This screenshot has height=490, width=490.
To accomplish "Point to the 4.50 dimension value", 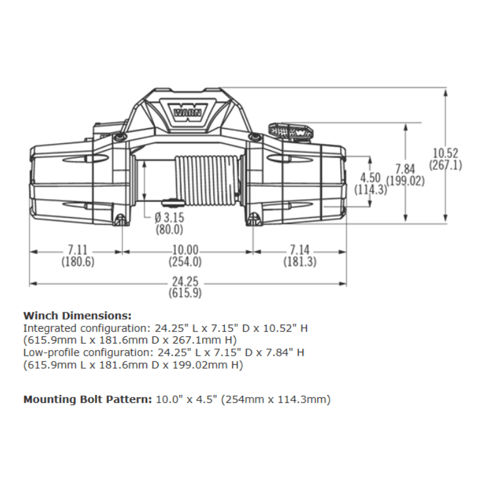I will (371, 178).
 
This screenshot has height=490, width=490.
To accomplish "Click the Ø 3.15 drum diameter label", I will (170, 219).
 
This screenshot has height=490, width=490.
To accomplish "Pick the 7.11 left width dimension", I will (77, 251).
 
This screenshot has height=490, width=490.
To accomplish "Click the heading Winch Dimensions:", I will (77, 316).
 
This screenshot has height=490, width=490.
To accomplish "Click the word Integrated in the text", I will (47, 328).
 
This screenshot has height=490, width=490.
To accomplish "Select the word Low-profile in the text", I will (48, 353).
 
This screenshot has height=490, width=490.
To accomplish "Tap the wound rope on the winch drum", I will (206, 181).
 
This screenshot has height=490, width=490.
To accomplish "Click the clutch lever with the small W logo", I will (290, 130).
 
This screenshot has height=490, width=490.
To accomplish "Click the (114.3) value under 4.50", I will (371, 189).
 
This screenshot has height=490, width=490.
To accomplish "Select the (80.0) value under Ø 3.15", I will (170, 230).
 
